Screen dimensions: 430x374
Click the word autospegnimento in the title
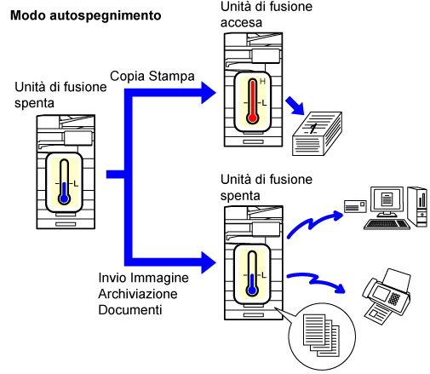coord(106,16)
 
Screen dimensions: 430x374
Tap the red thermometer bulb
coord(252,118)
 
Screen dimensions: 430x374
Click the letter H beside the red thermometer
coord(262,82)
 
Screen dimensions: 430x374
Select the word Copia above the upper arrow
coord(128,77)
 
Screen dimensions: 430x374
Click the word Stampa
coord(171,76)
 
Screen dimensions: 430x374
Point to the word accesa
coord(241,23)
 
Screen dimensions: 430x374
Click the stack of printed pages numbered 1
coord(317,134)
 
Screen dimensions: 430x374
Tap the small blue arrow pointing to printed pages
coord(295,106)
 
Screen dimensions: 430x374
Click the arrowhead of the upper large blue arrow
coord(209,93)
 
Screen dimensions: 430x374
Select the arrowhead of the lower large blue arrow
coord(209,262)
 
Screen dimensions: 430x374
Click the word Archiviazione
coord(138,294)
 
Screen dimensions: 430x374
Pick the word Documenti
coord(130,310)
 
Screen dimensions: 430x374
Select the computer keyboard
coord(387,224)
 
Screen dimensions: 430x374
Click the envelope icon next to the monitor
coord(355,206)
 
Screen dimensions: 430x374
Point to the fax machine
coord(387,296)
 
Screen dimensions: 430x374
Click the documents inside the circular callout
coord(321,335)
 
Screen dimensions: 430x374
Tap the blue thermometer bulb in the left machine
coord(65,199)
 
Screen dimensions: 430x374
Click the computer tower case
coord(417,206)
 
